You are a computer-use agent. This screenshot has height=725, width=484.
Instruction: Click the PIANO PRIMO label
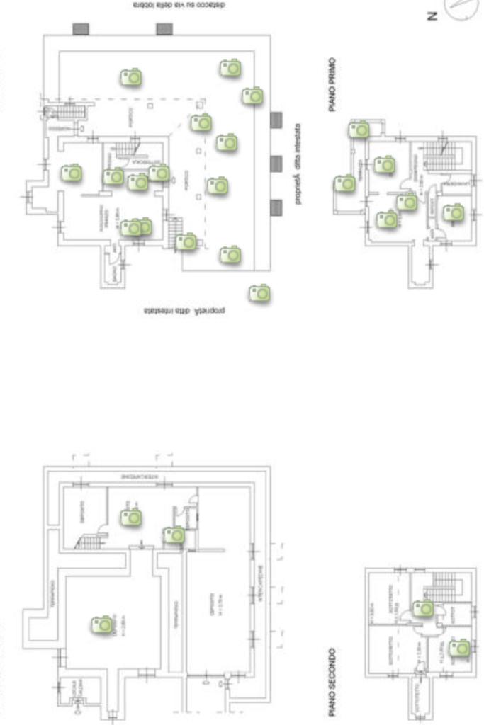tap(332, 85)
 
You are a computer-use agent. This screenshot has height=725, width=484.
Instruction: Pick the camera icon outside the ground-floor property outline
tap(260, 292)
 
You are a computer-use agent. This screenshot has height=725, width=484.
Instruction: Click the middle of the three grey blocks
tap(276, 164)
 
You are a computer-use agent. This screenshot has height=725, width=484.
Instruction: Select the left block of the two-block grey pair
tap(81, 29)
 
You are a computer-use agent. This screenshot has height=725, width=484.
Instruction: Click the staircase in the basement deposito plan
tap(89, 542)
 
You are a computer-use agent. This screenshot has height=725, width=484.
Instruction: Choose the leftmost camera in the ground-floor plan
tap(71, 173)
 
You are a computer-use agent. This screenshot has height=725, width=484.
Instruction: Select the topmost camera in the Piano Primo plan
tap(359, 130)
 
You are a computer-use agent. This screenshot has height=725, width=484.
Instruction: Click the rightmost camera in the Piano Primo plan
tap(454, 212)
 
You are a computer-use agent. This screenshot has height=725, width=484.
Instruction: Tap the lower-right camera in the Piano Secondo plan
tap(460, 647)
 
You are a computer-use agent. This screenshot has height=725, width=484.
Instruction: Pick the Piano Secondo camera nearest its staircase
tap(424, 608)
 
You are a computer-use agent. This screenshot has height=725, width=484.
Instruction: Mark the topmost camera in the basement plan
tap(131, 518)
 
